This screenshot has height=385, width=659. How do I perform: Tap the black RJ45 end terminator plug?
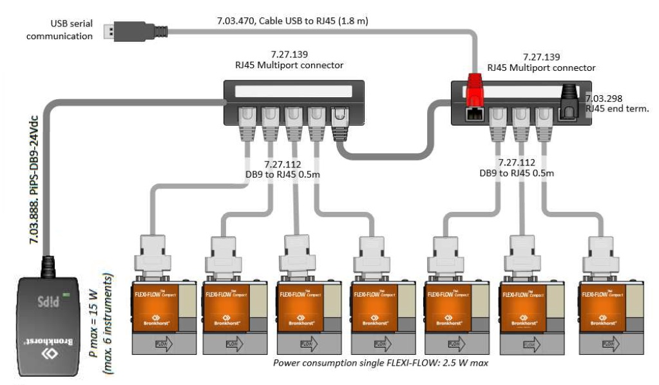coord(569,99)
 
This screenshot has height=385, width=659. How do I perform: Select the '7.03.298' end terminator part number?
coord(604,99)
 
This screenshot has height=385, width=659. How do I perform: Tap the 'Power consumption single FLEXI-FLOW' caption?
coord(380,363)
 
